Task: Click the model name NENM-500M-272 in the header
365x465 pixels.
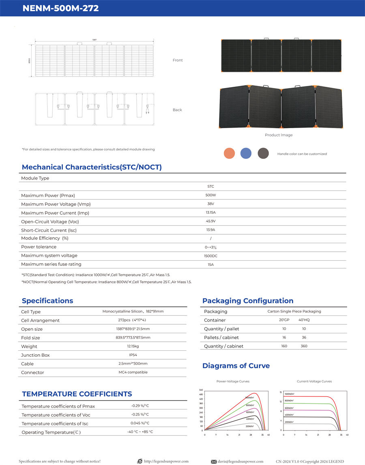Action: [x=61, y=8]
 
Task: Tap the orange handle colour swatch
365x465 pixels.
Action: [x=229, y=153]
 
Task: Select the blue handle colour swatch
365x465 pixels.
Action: [x=246, y=153]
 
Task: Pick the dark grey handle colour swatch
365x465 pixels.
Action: [x=263, y=153]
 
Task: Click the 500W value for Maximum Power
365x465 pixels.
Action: [x=210, y=195]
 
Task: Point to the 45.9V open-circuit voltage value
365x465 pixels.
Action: [x=210, y=221]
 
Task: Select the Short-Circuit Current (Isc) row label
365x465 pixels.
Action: [x=49, y=230]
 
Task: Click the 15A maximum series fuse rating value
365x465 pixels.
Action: [x=210, y=265]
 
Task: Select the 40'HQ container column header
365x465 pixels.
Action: [x=304, y=320]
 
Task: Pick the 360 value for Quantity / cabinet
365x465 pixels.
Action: [x=304, y=346]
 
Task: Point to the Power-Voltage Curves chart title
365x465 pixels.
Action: [x=233, y=381]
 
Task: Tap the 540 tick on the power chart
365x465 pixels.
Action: [x=201, y=390]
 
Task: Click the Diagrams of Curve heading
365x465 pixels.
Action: [x=236, y=366]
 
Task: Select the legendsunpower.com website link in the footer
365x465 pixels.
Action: [x=166, y=461]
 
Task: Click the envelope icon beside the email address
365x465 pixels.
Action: [x=214, y=461]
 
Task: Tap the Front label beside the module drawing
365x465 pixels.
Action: [x=178, y=60]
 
